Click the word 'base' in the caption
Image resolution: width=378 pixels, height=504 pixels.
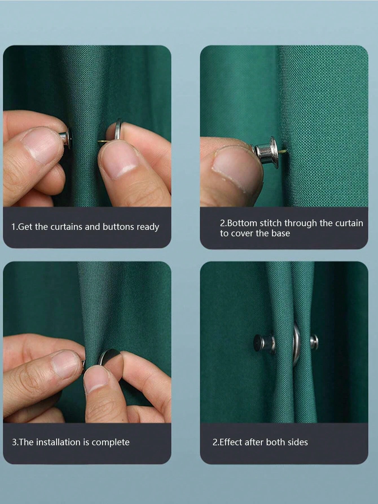pyautogui.click(x=281, y=233)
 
